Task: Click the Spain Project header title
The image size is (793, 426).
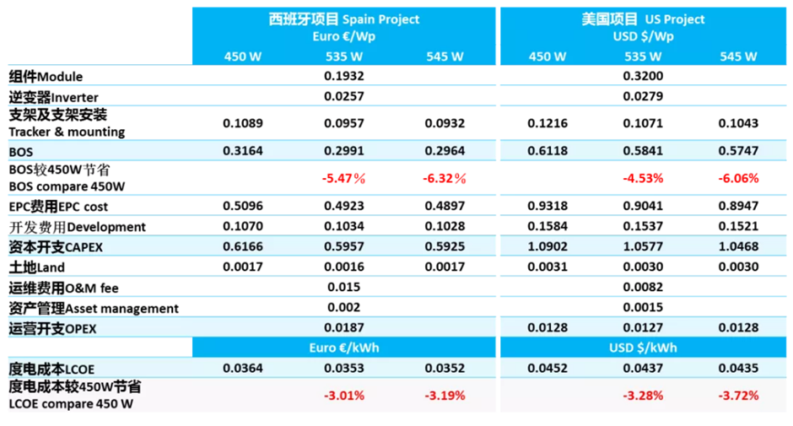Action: click(343, 19)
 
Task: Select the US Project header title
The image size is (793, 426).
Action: click(642, 19)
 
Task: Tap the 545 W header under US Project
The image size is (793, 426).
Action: click(738, 57)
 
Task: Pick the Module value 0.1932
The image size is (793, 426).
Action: click(343, 76)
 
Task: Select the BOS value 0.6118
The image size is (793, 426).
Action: click(547, 151)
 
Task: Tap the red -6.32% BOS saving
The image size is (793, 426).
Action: click(444, 179)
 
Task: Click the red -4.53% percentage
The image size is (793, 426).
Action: click(642, 179)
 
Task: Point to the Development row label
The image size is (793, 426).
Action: click(77, 226)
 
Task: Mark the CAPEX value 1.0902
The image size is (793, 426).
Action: click(547, 246)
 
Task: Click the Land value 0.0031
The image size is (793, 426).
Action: click(547, 267)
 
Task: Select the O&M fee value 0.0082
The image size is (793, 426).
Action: click(642, 288)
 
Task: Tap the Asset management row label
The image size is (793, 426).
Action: click(94, 309)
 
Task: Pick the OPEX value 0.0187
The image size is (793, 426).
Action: click(343, 328)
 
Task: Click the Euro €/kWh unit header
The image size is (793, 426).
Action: click(343, 348)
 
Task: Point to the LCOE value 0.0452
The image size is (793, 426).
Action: click(547, 368)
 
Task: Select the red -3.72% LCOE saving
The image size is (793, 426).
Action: click(738, 395)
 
